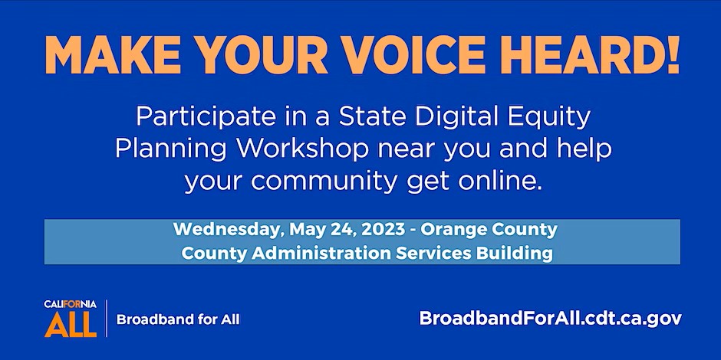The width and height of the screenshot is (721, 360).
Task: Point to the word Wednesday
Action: [x=228, y=230]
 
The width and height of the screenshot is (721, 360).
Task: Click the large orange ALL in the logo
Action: [x=71, y=324]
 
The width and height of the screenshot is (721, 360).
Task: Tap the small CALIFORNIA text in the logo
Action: [x=71, y=304]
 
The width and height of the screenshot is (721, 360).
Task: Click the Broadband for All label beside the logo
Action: [x=178, y=319]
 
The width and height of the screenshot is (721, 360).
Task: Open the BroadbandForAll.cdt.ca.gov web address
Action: [x=551, y=319]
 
